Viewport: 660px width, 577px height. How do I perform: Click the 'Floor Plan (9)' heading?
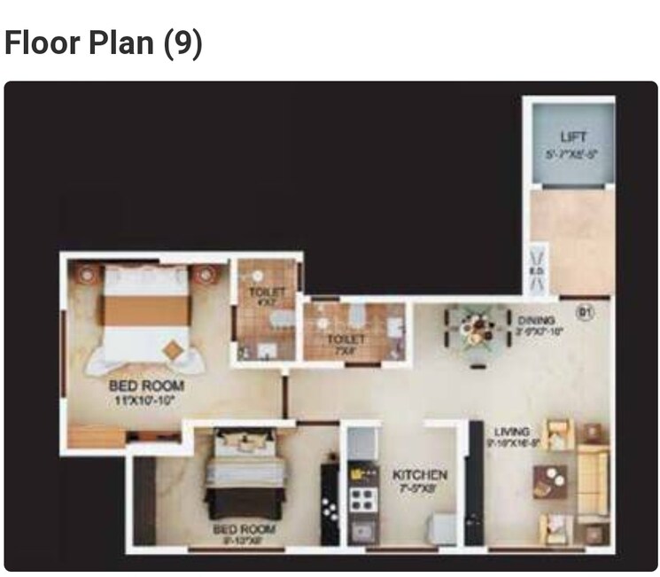pyautogui.click(x=104, y=42)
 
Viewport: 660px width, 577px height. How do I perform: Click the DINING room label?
pyautogui.click(x=537, y=320)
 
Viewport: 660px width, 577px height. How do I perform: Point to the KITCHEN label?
pyautogui.click(x=419, y=475)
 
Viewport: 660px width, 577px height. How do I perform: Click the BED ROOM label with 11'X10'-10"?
pyautogui.click(x=146, y=386)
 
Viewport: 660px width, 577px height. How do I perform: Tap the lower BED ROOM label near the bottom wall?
pyautogui.click(x=243, y=529)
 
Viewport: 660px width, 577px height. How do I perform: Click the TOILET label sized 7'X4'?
pyautogui.click(x=346, y=339)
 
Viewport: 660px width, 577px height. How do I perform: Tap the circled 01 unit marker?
pyautogui.click(x=584, y=312)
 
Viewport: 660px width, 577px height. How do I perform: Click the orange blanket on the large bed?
pyautogui.click(x=146, y=310)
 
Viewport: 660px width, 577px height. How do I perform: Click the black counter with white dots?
pyautogui.click(x=330, y=505)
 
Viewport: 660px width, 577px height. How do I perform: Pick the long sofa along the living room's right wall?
pyautogui.click(x=594, y=483)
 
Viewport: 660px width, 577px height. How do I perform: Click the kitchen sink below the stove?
pyautogui.click(x=362, y=531)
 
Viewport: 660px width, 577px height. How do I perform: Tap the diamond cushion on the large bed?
pyautogui.click(x=172, y=351)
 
